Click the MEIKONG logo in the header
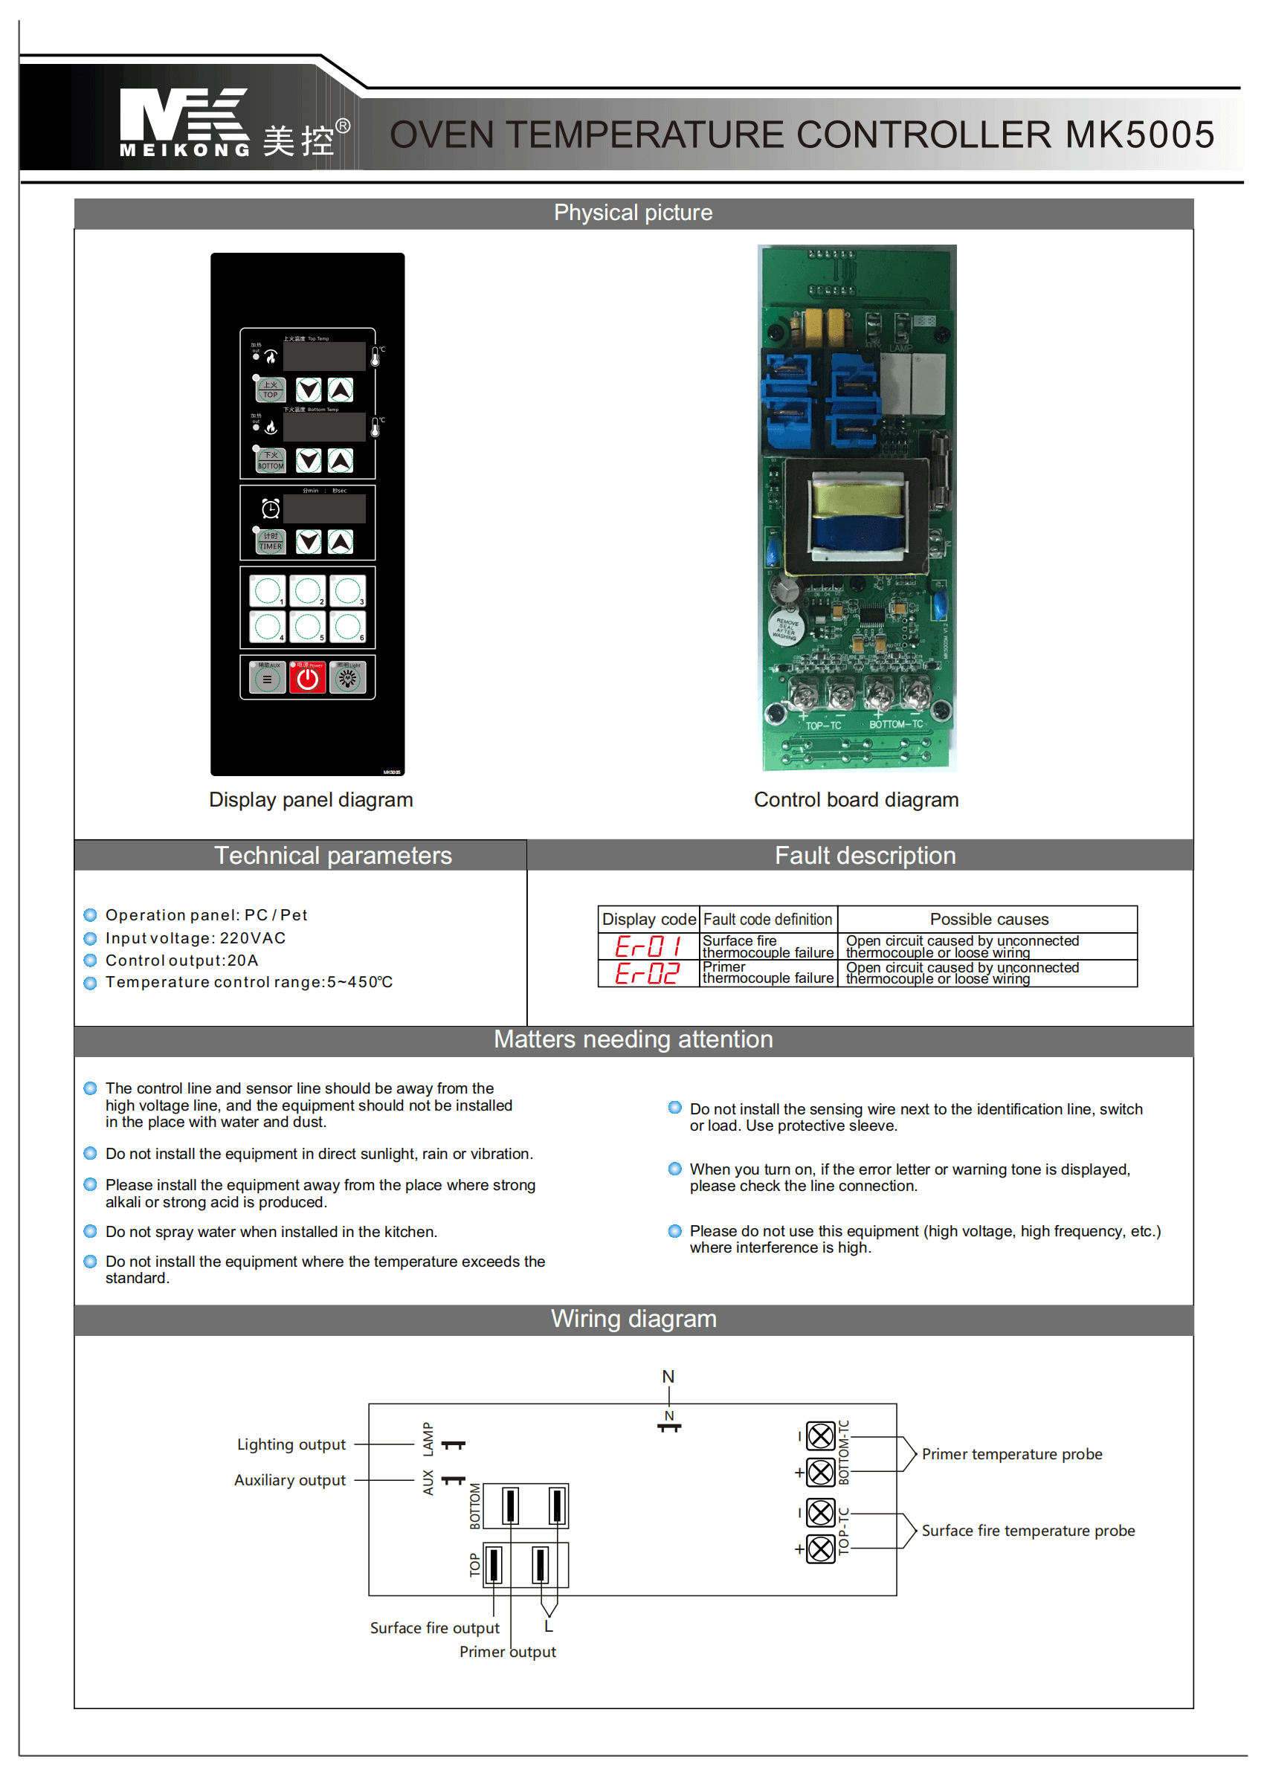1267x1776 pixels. (185, 123)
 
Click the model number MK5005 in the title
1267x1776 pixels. (1139, 134)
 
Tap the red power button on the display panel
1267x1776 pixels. (307, 678)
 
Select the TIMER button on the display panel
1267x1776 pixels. (271, 541)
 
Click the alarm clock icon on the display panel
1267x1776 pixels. (271, 509)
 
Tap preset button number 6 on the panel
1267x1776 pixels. (348, 625)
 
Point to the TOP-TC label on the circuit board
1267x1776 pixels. (823, 726)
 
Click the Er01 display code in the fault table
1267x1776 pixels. (648, 947)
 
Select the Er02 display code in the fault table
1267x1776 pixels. (648, 973)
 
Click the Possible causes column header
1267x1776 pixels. (988, 920)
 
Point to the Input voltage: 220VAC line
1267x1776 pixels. (195, 937)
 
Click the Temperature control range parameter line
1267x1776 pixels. (249, 982)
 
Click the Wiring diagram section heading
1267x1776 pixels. (633, 1319)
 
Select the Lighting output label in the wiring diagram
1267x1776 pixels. (291, 1444)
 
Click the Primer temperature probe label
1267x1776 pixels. (1011, 1454)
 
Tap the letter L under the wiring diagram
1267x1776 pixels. (549, 1627)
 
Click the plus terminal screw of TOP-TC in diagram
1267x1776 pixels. (820, 1549)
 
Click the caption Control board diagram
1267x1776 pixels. (856, 799)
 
